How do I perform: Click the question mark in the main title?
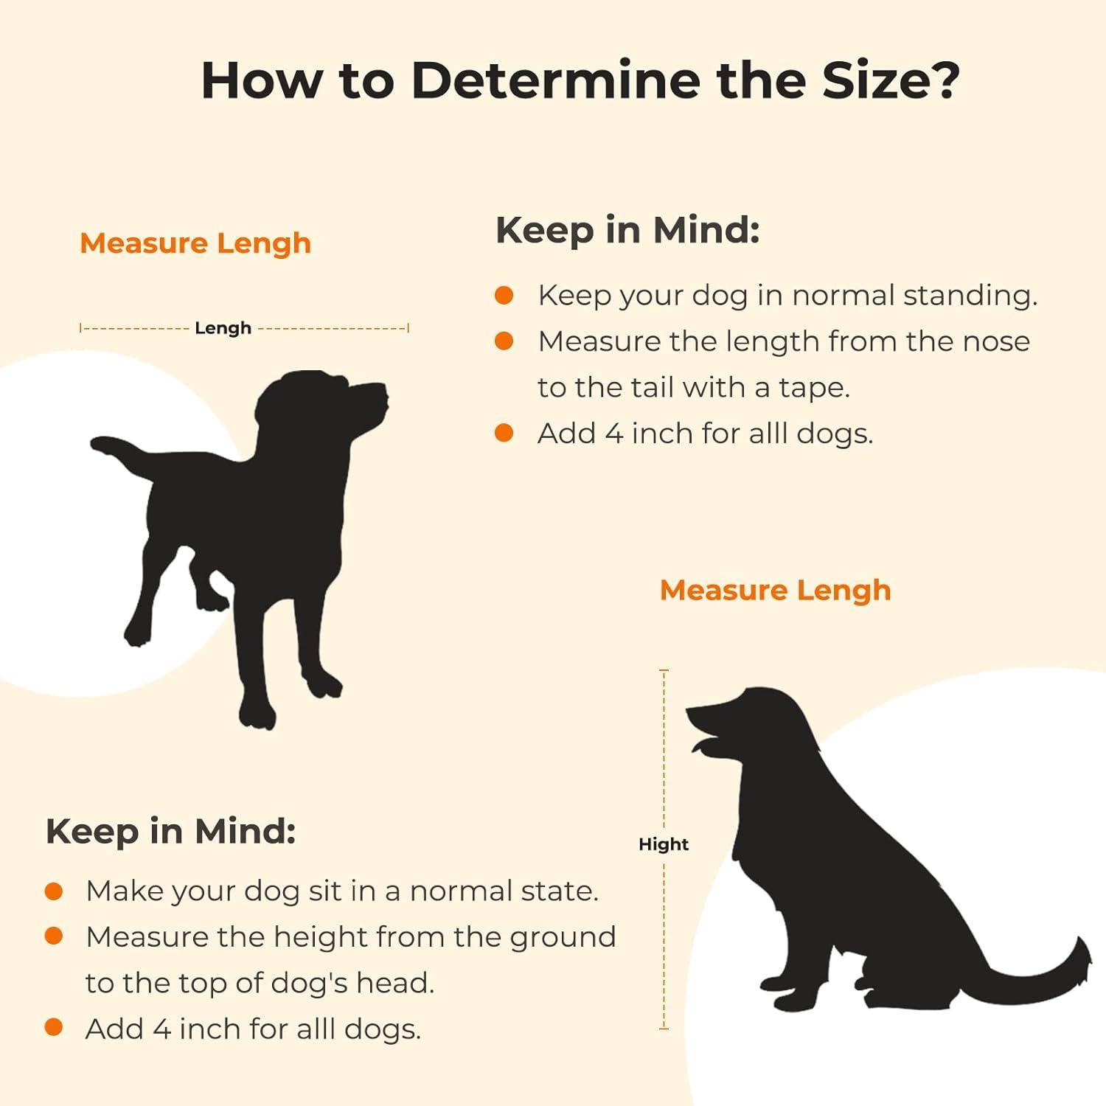[x=942, y=80]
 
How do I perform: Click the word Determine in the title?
[x=554, y=80]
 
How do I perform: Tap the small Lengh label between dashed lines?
[x=223, y=328]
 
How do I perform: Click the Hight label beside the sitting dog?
[x=664, y=844]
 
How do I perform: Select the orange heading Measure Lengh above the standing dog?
[x=195, y=243]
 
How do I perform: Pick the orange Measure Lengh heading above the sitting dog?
[x=776, y=591]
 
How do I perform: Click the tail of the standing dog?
[x=118, y=452]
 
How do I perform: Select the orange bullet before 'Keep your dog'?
[x=504, y=296]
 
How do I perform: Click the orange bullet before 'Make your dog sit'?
[x=54, y=891]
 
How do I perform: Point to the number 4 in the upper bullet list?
[x=614, y=434]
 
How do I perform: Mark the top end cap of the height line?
[x=664, y=670]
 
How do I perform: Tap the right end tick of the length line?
[x=408, y=328]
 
